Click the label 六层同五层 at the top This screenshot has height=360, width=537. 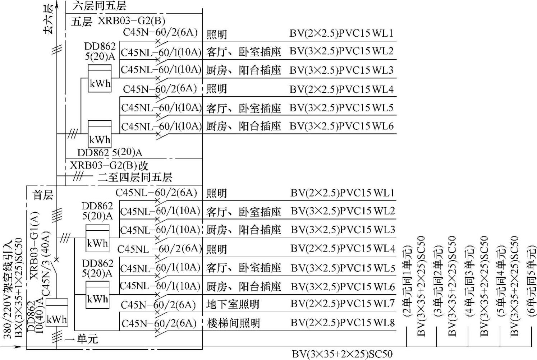pos(100,6)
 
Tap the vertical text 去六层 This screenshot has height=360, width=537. pos(48,19)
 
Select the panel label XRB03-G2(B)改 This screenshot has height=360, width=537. pos(109,166)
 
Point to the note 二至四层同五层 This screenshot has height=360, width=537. pos(135,177)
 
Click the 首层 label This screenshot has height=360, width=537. pos(43,195)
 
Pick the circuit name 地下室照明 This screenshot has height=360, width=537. pos(233,304)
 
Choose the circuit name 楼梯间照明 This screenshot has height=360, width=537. pos(233,323)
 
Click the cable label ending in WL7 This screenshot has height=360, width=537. pos(343,304)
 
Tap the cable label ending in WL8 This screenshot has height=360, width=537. pos(343,323)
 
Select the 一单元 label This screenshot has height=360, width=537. pos(82,338)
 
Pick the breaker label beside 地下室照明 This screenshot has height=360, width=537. pos(158,305)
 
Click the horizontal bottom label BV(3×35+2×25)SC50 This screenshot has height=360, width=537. pos(342,354)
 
